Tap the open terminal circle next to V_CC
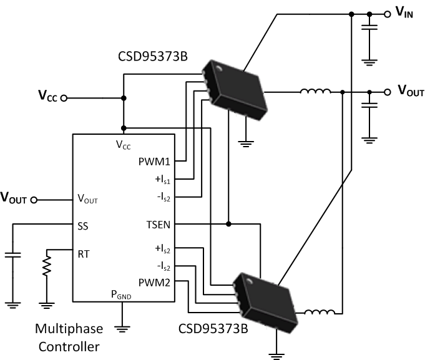63,98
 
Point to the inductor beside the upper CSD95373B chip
315,93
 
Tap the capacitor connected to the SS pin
12,255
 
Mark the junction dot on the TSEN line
230,223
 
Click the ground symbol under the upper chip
248,142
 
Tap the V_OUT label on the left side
14,200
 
